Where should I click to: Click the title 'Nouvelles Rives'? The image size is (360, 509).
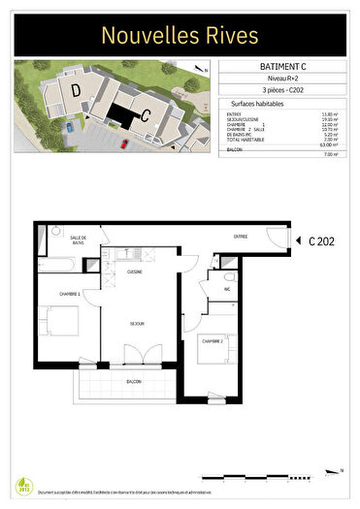180,36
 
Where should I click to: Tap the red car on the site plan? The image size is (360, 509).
125,143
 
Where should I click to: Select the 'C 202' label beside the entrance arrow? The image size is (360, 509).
321,242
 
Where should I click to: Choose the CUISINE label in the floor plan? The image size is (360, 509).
135,272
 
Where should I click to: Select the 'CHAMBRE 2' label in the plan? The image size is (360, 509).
213,341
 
